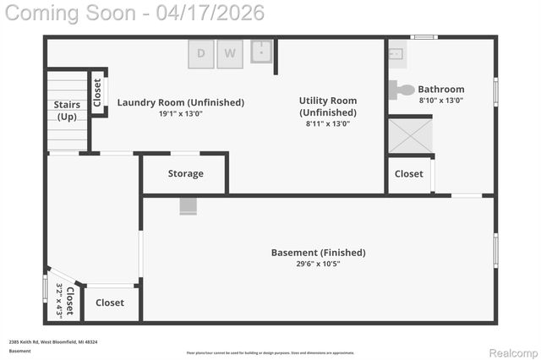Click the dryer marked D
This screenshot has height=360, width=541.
click(201, 54)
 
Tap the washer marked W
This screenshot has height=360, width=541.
click(230, 54)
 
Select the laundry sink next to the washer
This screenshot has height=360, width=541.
click(260, 52)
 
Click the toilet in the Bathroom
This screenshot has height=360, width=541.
click(404, 90)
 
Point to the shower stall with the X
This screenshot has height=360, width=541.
click(410, 135)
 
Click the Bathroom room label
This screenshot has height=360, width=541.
click(441, 89)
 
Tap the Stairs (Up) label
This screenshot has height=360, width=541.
click(67, 111)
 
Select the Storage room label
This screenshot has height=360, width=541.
click(185, 173)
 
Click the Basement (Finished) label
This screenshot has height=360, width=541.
click(318, 252)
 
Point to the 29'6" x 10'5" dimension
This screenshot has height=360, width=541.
click(318, 264)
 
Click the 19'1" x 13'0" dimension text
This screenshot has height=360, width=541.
click(180, 114)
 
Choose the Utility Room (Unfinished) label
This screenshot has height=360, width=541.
click(328, 106)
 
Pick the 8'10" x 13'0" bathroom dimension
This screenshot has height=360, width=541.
click(441, 101)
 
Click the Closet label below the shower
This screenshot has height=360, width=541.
click(409, 173)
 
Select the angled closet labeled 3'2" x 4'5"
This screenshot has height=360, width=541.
click(65, 299)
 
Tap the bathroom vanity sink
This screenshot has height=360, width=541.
click(397, 53)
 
